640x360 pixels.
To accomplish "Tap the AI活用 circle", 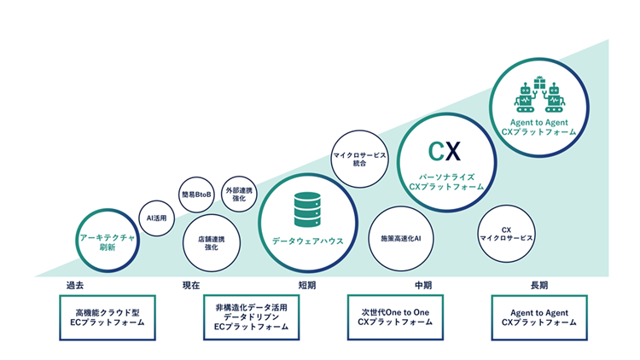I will coord(157,218).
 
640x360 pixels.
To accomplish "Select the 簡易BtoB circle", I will coord(196,195).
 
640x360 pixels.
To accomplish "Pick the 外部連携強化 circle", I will coord(239,195).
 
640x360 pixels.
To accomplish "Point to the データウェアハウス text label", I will coord(307,241).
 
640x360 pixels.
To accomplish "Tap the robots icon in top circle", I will coord(538,96).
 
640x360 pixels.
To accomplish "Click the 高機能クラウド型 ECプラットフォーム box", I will coord(107,317).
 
